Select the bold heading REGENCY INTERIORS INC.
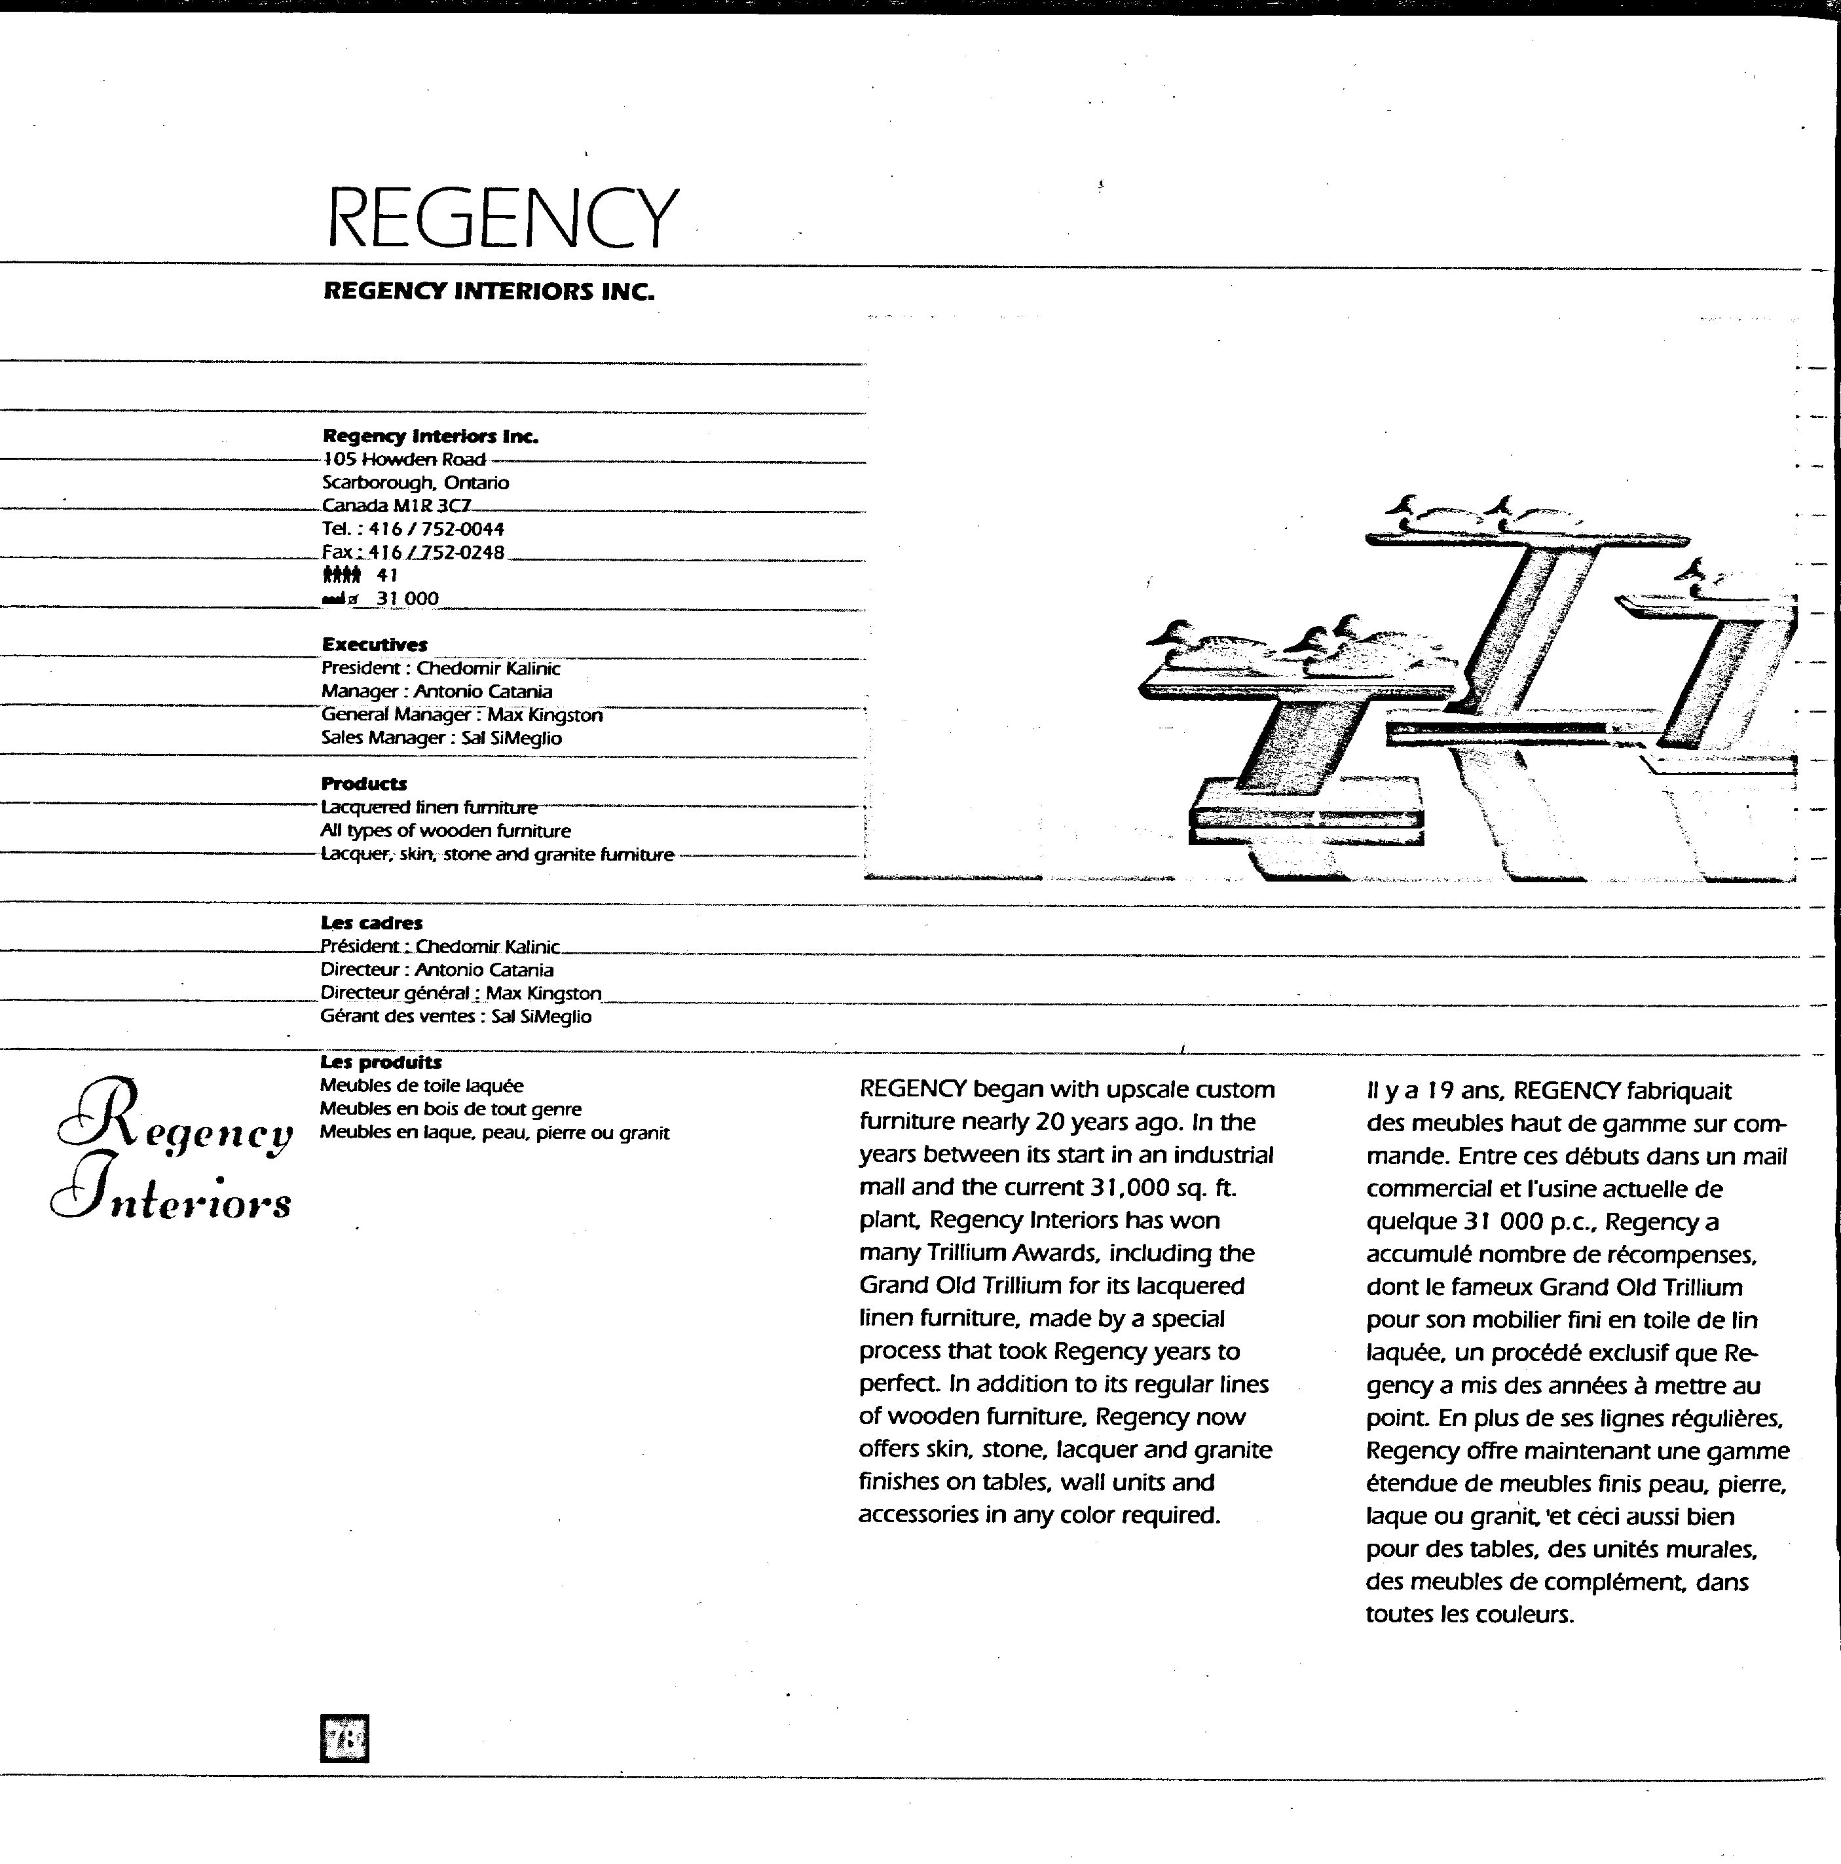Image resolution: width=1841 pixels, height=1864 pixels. (488, 291)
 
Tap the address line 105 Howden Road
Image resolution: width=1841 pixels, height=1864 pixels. (403, 459)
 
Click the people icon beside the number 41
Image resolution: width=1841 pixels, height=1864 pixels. (342, 575)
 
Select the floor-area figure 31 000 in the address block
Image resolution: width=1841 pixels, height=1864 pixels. (407, 598)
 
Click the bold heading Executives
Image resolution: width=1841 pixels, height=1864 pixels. (375, 644)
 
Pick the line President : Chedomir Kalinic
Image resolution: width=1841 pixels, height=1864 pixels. (440, 667)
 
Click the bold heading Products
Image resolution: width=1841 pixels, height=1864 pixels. (363, 783)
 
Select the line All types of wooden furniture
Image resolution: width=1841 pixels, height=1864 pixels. (446, 830)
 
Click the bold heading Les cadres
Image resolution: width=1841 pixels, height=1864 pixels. (371, 922)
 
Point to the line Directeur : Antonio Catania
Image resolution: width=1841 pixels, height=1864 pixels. (437, 969)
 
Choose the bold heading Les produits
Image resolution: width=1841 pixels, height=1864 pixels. (381, 1062)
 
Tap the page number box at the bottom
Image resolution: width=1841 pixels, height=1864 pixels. (344, 1738)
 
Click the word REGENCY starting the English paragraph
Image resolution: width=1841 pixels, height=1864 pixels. (913, 1089)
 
